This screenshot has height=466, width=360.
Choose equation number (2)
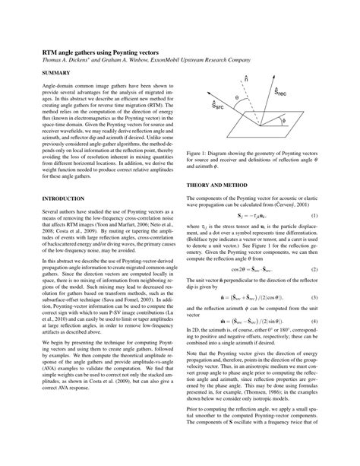pos(314,269)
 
